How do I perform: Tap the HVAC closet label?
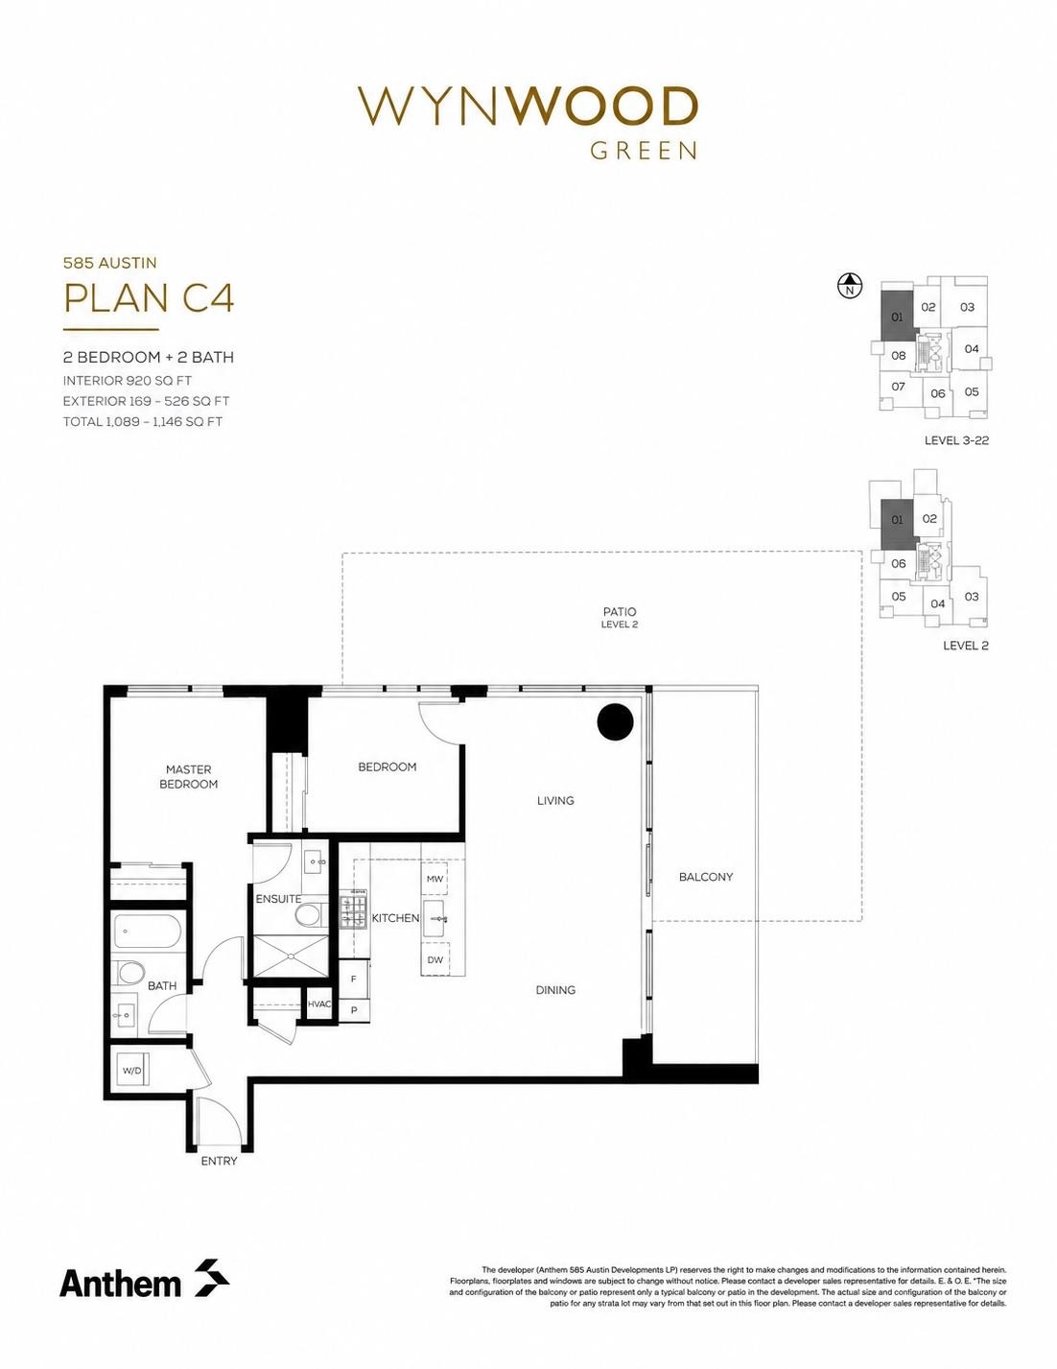pos(319,1003)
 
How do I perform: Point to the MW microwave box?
pos(435,879)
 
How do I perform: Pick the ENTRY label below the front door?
pos(219,1161)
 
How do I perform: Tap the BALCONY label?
pos(706,877)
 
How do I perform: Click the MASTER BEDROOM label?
pos(188,777)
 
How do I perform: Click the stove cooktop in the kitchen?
pos(353,911)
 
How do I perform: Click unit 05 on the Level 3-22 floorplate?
pos(971,391)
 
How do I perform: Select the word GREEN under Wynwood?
pos(644,151)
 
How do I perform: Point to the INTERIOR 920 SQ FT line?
pos(128,381)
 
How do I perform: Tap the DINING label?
pos(555,990)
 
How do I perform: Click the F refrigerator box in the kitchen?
pos(353,980)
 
